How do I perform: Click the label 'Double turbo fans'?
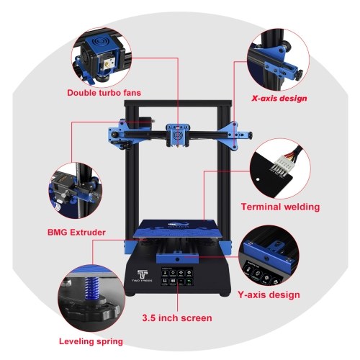click(x=104, y=93)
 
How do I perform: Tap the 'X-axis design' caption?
click(x=279, y=98)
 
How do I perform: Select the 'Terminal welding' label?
click(x=280, y=207)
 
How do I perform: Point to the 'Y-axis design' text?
click(x=269, y=294)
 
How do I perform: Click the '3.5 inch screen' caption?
click(x=177, y=318)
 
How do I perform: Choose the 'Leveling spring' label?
click(x=91, y=341)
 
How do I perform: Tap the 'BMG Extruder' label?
click(x=76, y=233)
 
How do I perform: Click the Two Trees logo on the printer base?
click(x=142, y=276)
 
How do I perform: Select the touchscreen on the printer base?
click(x=177, y=276)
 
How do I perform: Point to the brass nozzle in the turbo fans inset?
click(x=107, y=64)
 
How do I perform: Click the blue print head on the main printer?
click(x=177, y=135)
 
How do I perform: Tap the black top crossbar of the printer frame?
click(x=178, y=104)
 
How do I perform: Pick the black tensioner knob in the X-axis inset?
click(x=300, y=74)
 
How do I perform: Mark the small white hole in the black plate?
click(x=258, y=179)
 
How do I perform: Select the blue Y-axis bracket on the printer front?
click(x=177, y=258)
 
